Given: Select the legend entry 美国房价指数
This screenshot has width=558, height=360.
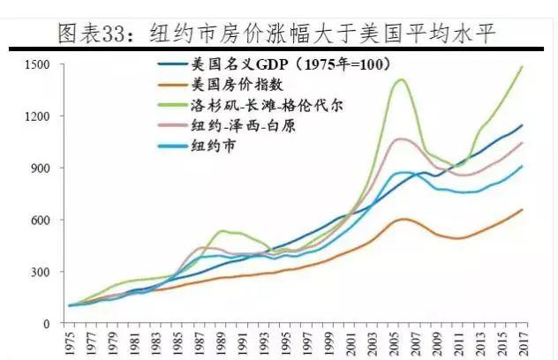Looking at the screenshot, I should coord(230,85).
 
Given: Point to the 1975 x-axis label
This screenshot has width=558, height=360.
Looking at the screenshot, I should coord(69,343).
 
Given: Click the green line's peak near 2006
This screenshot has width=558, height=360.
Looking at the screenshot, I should coord(402,79).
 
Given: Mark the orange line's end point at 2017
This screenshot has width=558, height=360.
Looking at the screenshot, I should coord(522,209).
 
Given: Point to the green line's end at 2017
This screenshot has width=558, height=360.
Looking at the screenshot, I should coord(522,66).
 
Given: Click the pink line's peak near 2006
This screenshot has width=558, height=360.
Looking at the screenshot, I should coord(402,139).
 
